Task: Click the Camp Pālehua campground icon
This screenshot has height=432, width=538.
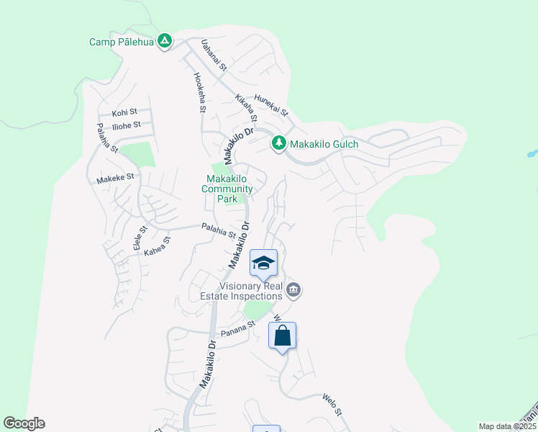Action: click(165, 41)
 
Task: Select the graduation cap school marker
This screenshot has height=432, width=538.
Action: click(264, 263)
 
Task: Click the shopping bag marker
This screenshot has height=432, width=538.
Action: click(283, 336)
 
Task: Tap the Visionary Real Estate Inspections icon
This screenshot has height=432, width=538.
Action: click(293, 290)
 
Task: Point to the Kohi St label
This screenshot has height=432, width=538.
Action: click(124, 113)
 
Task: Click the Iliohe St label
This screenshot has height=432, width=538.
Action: click(126, 125)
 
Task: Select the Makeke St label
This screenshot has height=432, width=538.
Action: click(115, 176)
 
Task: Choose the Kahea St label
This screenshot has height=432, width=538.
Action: click(157, 246)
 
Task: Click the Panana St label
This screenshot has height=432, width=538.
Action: click(238, 328)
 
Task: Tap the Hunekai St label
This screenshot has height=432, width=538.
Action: click(270, 107)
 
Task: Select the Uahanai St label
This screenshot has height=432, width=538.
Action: click(214, 55)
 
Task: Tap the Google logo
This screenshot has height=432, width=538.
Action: click(24, 423)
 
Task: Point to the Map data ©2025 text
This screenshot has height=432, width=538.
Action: click(507, 426)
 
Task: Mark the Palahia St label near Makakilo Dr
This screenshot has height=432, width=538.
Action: click(219, 230)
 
